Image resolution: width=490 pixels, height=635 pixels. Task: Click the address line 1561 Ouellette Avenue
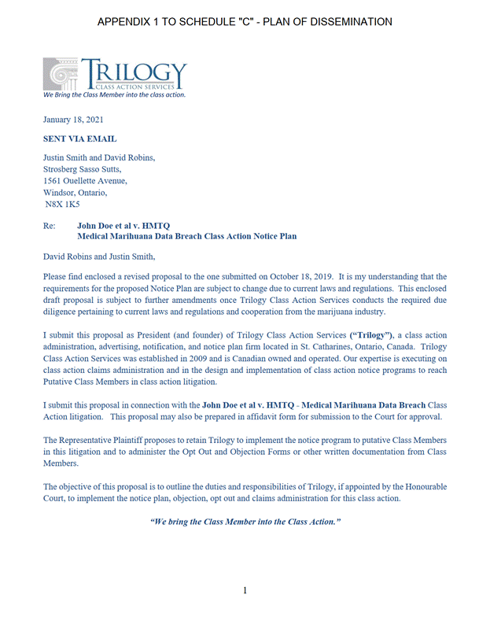point(85,180)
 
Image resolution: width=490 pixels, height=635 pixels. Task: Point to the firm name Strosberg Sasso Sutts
point(83,168)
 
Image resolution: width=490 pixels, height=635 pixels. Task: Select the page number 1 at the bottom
point(245,591)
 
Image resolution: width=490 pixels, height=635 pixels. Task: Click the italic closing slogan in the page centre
point(245,522)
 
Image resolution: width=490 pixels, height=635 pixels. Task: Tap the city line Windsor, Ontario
point(75,192)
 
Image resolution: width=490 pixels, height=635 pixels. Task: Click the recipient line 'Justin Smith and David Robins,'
point(99,157)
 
